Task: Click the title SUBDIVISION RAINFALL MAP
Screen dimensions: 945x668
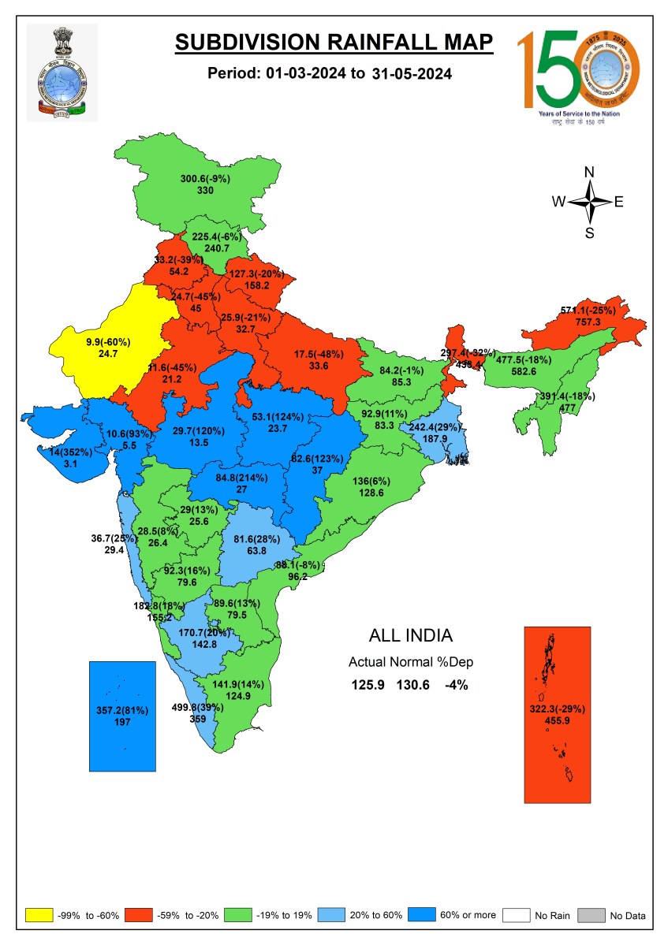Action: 334,43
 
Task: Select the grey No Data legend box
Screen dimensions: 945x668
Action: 591,915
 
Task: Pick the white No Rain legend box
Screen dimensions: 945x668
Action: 516,915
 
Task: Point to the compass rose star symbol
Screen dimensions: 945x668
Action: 589,202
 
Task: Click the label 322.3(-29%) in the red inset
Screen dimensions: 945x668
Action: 557,709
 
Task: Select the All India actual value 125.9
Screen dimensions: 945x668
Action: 368,685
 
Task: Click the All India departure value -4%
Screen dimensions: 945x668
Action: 456,685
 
